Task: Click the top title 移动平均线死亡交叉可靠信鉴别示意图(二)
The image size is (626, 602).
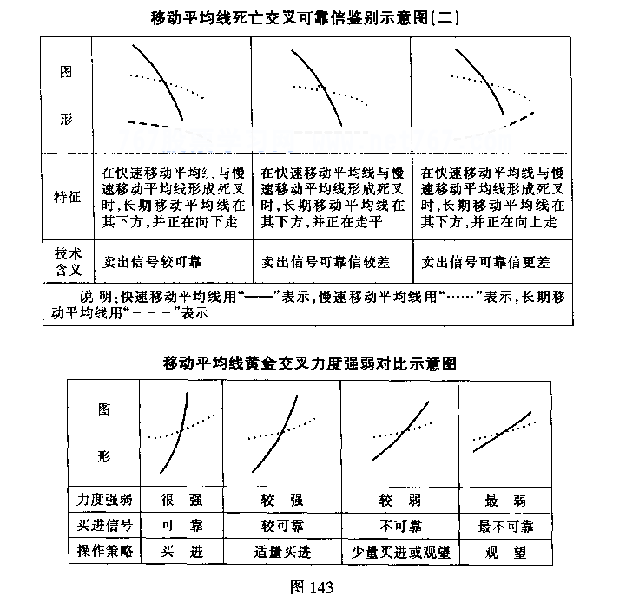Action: click(312, 16)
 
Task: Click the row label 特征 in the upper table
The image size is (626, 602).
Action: click(67, 198)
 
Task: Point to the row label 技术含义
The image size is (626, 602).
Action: click(67, 260)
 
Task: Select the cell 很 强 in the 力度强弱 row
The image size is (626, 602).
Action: click(181, 501)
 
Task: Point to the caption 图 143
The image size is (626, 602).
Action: click(310, 586)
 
